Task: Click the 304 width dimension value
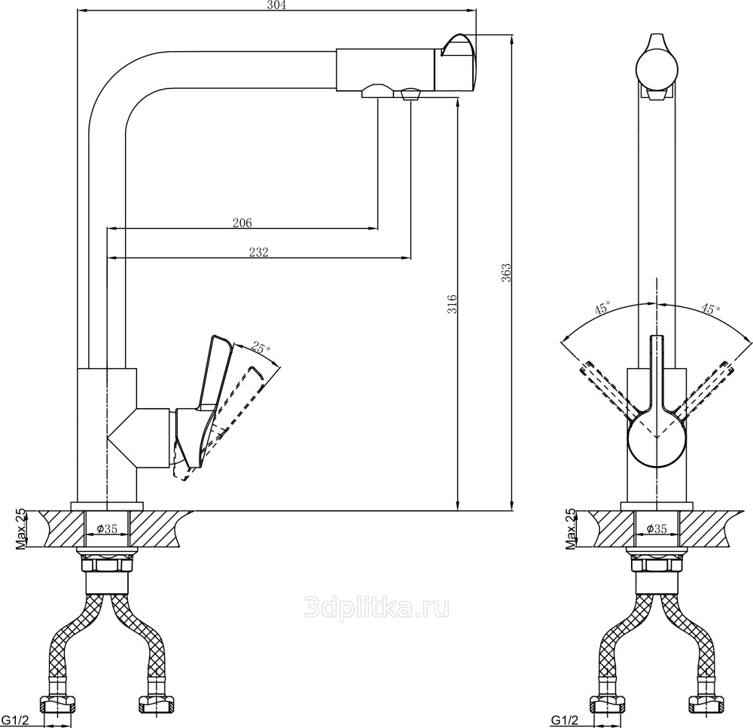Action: tap(276, 5)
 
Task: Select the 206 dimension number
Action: tap(242, 223)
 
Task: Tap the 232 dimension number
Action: tap(259, 252)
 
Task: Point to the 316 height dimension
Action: tap(453, 303)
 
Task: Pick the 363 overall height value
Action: tap(506, 273)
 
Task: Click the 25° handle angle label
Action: tap(261, 348)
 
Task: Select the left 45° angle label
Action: tap(602, 307)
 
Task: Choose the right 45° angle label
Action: tap(711, 309)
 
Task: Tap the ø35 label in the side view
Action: tap(107, 528)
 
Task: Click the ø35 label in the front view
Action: tap(657, 528)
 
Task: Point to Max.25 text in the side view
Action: tap(20, 529)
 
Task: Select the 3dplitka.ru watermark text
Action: tap(377, 608)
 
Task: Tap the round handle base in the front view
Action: tap(657, 438)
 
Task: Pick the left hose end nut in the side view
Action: tap(59, 705)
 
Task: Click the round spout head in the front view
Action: tap(657, 69)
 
